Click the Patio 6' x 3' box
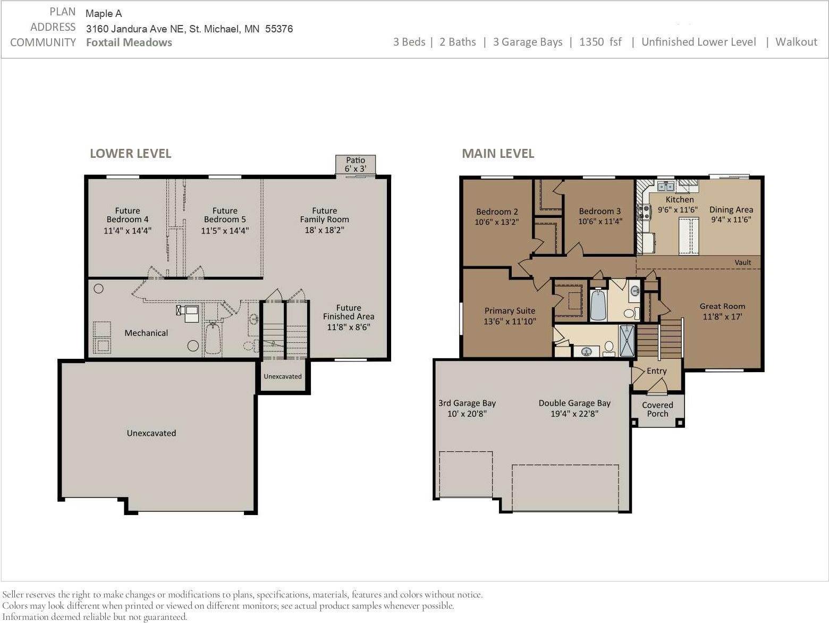pos(356,164)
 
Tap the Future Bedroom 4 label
pos(128,215)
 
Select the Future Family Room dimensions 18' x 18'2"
pos(324,230)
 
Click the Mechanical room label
pos(146,333)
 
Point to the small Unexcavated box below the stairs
pos(283,376)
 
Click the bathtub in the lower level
pos(213,338)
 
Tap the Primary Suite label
pos(510,311)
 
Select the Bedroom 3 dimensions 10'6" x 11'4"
pos(599,222)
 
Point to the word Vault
pos(742,263)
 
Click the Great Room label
pos(722,306)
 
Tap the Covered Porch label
pos(657,409)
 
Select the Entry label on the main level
pos(656,371)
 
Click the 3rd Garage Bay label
pos(467,403)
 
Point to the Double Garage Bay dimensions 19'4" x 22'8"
pos(574,414)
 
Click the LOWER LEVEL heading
pos(130,154)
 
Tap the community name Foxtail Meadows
pos(129,43)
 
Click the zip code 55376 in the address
pos(278,29)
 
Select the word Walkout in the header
pos(796,42)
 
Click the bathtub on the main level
pos(598,306)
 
